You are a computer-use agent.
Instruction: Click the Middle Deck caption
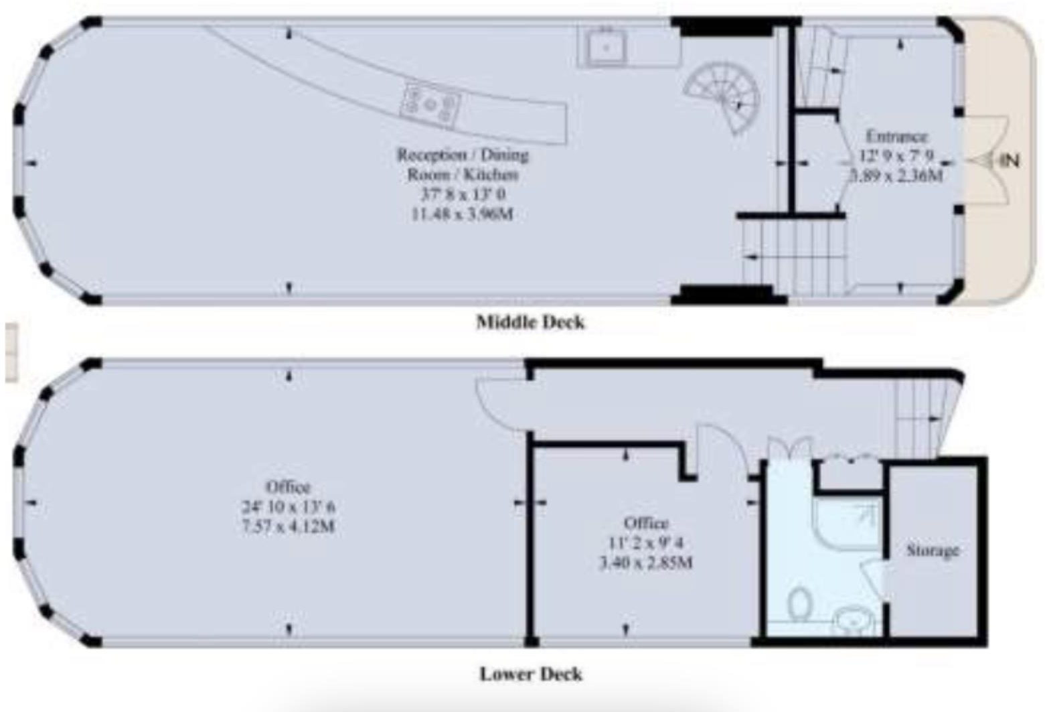530,322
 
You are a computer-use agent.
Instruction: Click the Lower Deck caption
530,673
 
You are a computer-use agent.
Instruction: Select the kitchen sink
606,46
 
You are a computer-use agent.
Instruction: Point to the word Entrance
896,137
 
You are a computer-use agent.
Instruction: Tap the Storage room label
933,551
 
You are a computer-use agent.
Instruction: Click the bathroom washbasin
854,620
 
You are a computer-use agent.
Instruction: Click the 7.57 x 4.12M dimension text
289,526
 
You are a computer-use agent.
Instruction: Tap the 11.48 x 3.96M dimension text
463,214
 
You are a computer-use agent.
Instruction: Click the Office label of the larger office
289,487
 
